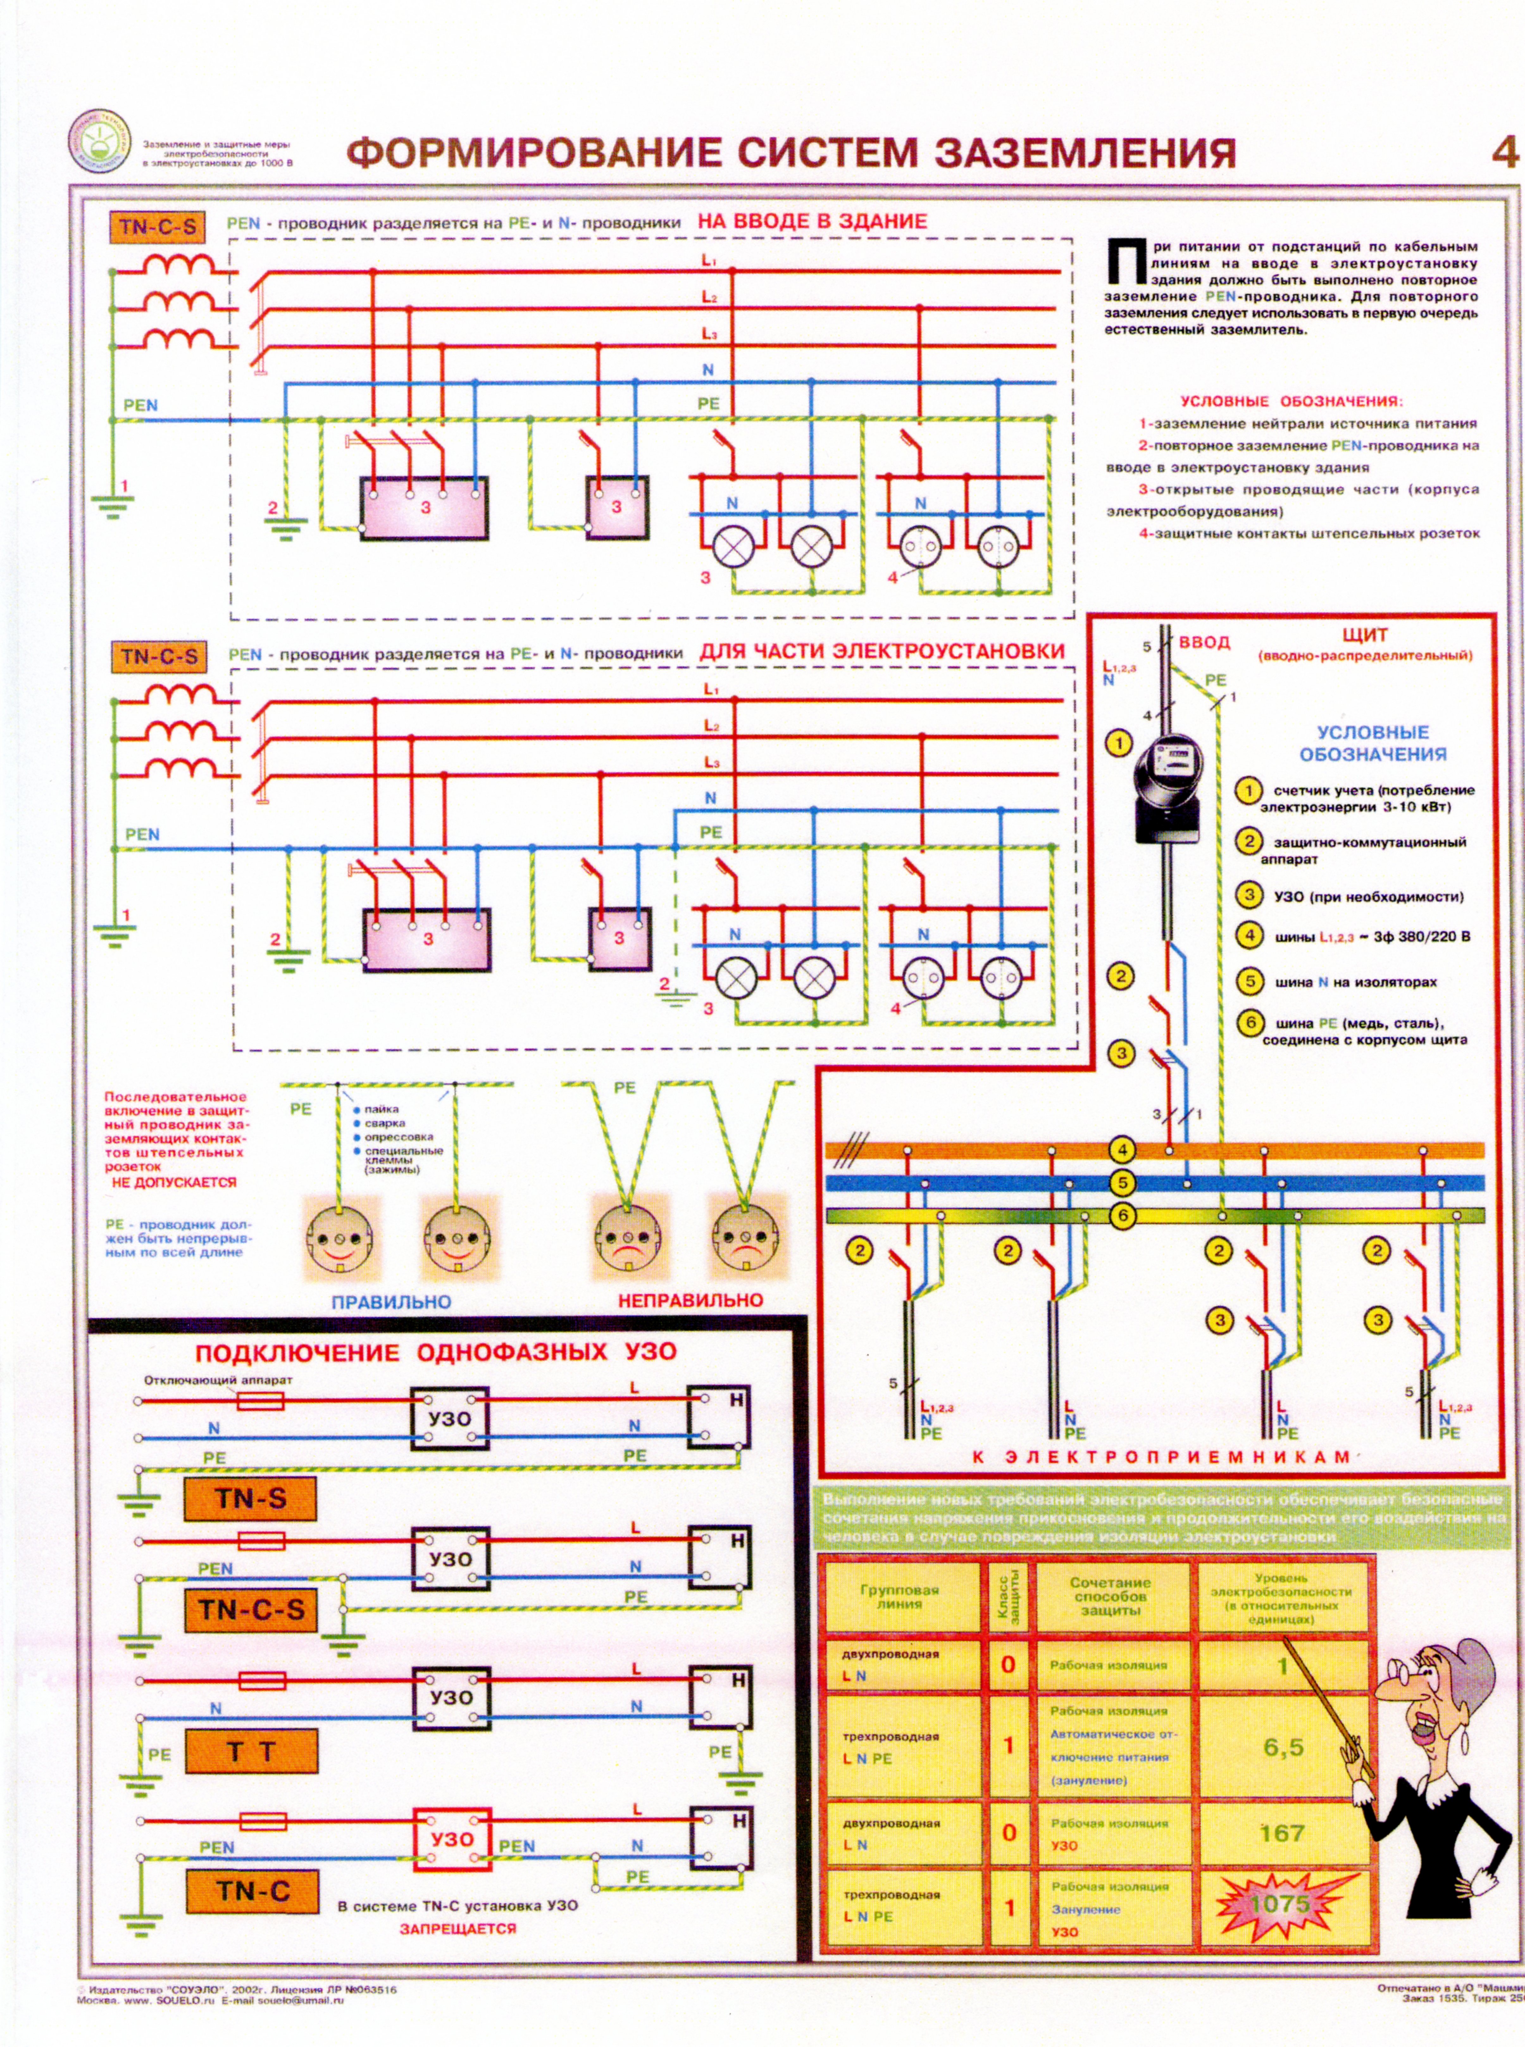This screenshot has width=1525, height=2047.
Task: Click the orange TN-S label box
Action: pos(250,1498)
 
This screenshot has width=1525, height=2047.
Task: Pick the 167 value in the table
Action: pos(1281,1833)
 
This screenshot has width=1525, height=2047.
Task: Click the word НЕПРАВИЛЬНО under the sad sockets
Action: pos(690,1300)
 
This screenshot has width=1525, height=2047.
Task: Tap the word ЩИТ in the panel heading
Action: pos(1364,635)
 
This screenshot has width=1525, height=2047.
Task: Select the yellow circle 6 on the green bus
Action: pos(1123,1215)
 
